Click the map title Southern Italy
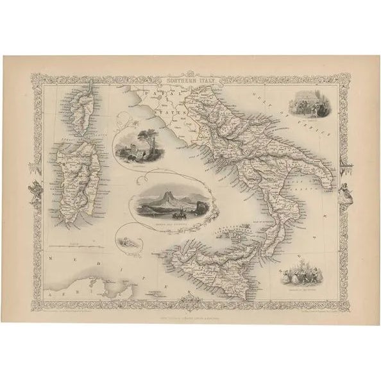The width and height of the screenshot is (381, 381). tap(190, 81)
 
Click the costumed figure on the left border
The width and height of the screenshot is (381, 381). tap(35, 189)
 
